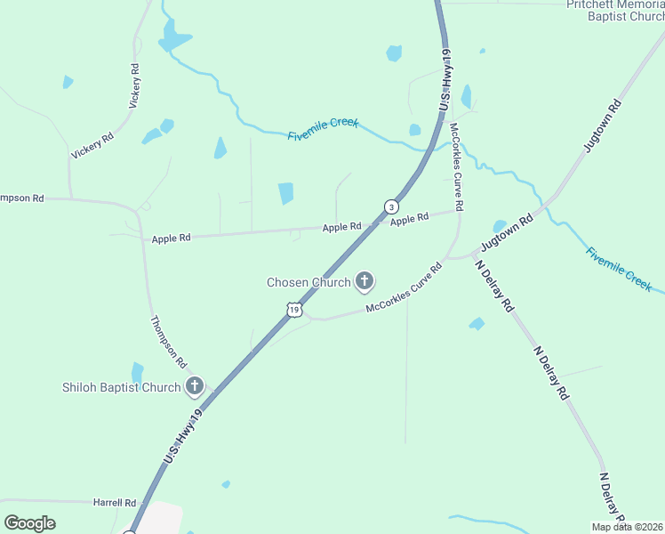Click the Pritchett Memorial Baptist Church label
[x=616, y=11]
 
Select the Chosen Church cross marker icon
[x=364, y=282]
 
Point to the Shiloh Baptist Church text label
[x=121, y=387]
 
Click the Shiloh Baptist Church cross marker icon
[x=195, y=386]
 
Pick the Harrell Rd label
[x=115, y=503]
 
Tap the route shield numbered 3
[x=391, y=206]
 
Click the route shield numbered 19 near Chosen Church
[x=294, y=309]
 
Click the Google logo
[x=29, y=523]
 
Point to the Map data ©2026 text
[x=628, y=527]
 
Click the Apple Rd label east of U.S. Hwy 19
[x=410, y=218]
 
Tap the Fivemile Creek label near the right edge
[x=619, y=269]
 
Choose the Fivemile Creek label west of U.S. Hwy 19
[x=323, y=129]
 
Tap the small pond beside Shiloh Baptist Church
[x=138, y=372]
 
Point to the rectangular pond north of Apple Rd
[x=285, y=193]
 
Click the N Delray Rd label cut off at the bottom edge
[x=612, y=498]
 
